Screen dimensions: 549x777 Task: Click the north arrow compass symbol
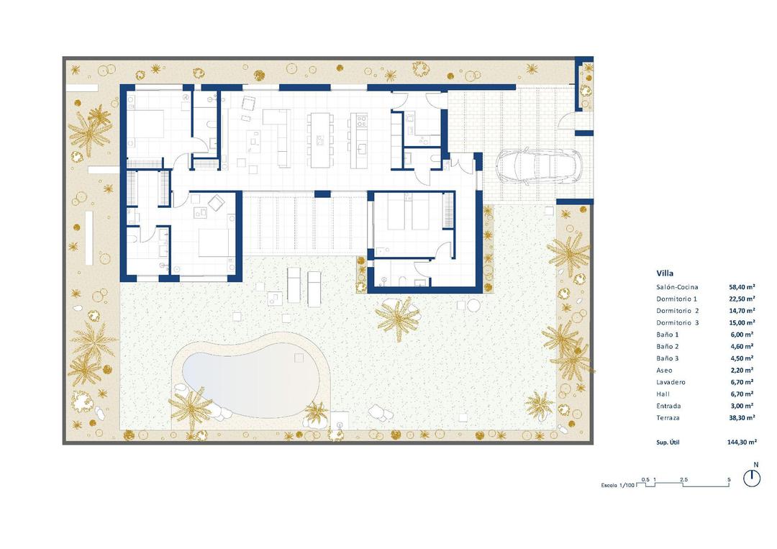tap(752, 478)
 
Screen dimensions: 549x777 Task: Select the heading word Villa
tap(665, 273)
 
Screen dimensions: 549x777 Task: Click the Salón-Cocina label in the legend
tap(677, 287)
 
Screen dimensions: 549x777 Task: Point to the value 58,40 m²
tap(740, 287)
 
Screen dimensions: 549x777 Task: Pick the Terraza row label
tap(668, 417)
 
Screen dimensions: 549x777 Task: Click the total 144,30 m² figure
tap(741, 443)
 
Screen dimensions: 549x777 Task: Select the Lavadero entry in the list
tap(670, 382)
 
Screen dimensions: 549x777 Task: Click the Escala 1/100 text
tap(619, 486)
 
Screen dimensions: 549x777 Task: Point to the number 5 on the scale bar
tap(729, 479)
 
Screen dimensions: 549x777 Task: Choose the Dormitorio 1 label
tap(677, 299)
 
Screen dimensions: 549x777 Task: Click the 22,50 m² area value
tap(740, 299)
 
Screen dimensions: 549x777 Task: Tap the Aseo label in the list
tap(665, 370)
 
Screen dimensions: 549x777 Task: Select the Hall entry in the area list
tap(663, 394)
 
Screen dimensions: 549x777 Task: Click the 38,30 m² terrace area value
tap(740, 417)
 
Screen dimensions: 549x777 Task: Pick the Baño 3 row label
tap(668, 358)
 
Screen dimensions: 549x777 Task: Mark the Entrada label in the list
tap(668, 406)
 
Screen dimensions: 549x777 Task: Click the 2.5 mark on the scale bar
tap(683, 479)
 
